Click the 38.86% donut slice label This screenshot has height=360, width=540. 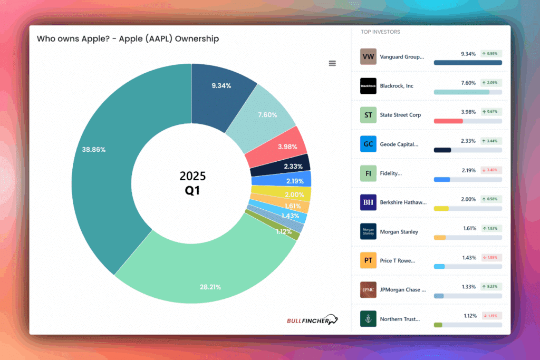94,150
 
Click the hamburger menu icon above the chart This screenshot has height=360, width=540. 332,63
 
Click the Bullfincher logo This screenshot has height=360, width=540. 312,320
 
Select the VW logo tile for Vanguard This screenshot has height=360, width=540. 368,57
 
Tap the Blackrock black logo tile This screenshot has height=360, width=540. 368,86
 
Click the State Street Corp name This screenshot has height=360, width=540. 400,115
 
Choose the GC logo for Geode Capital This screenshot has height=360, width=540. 368,144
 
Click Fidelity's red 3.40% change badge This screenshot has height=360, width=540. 491,170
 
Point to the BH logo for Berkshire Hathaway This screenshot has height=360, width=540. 368,202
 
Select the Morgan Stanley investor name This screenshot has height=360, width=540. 399,231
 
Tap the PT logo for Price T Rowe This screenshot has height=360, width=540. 368,260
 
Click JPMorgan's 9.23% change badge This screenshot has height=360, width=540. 491,286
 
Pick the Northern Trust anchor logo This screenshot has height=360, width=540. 368,318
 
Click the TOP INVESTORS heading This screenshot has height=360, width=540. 380,32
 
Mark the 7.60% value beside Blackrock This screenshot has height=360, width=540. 468,83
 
